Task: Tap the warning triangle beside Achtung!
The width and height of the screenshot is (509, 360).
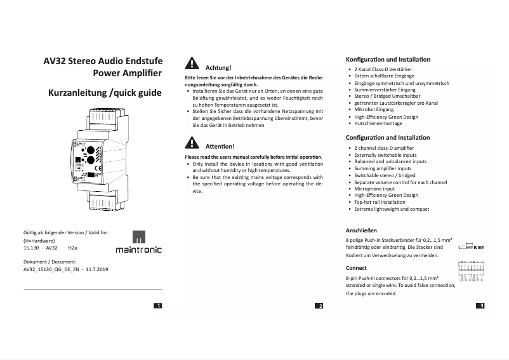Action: coord(190,63)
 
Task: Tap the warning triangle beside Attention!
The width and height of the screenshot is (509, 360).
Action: coord(190,143)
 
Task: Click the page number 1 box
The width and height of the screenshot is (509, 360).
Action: coord(158,306)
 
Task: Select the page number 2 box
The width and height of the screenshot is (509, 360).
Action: coord(319,306)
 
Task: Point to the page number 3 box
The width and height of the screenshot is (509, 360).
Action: coord(480,306)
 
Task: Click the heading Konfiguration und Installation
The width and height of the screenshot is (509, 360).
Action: coord(387,59)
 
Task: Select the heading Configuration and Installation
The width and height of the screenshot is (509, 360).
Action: coord(387,138)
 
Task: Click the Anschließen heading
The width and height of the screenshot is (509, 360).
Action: coord(361,230)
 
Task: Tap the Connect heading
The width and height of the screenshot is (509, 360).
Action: coord(356,268)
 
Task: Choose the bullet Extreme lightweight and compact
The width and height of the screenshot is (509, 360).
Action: coord(392,210)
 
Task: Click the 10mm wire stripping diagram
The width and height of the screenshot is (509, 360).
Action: coord(471,246)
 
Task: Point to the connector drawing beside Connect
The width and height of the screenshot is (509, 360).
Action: coord(472,277)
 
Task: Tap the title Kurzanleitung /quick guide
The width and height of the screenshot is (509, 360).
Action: coord(105,93)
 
